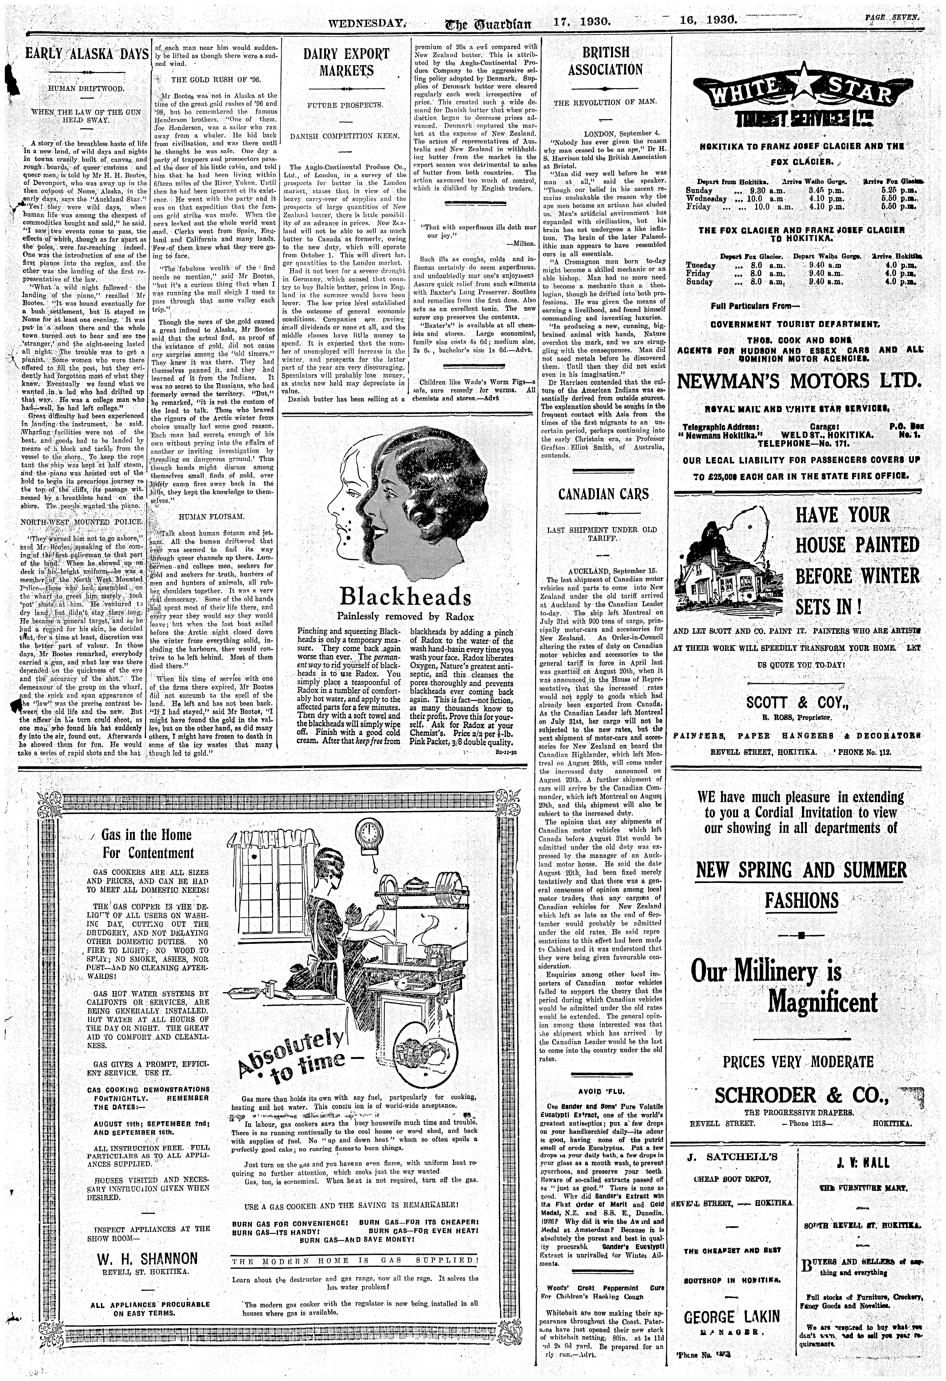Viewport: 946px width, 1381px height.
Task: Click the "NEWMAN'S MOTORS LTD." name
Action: tap(798, 380)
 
